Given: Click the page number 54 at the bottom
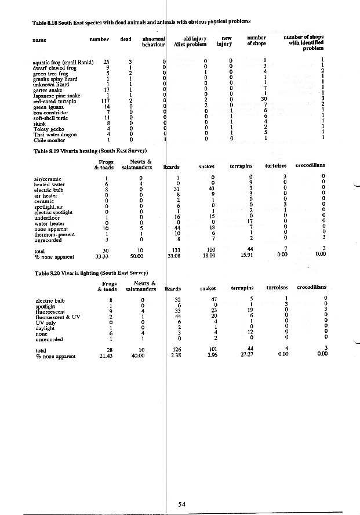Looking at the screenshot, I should (x=182, y=505).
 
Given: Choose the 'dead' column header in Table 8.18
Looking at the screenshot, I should (x=126, y=39).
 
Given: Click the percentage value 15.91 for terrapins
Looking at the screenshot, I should (x=246, y=255).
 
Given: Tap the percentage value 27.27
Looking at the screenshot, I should (x=246, y=356).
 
